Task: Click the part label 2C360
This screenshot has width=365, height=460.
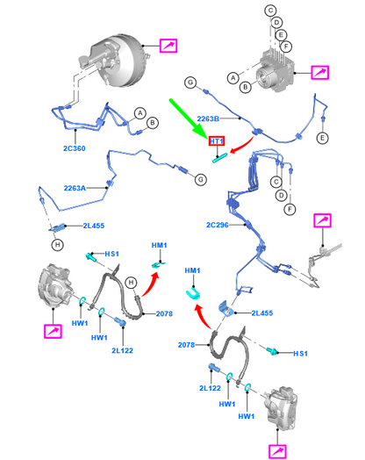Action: click(x=75, y=148)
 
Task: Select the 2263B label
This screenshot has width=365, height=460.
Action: click(x=208, y=119)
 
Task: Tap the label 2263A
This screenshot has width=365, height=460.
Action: click(x=75, y=188)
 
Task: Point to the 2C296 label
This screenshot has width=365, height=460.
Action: click(x=218, y=225)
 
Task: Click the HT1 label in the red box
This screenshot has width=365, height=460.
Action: click(x=217, y=141)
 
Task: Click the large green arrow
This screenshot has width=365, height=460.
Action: click(x=189, y=119)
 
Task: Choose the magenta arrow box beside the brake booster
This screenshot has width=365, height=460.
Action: click(x=168, y=46)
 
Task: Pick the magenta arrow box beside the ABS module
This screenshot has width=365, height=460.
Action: click(x=320, y=73)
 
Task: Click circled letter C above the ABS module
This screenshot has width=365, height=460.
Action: click(x=270, y=11)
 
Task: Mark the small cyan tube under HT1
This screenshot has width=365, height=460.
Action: click(x=220, y=158)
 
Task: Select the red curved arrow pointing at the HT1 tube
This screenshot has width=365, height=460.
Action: click(x=243, y=146)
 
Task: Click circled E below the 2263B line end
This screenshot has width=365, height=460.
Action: click(x=323, y=138)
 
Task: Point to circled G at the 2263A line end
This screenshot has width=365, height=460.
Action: click(x=201, y=180)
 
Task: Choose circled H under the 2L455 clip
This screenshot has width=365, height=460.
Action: click(x=57, y=245)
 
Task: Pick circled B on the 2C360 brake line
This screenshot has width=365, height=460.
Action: click(x=153, y=123)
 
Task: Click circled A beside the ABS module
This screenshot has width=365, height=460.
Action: click(x=233, y=78)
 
